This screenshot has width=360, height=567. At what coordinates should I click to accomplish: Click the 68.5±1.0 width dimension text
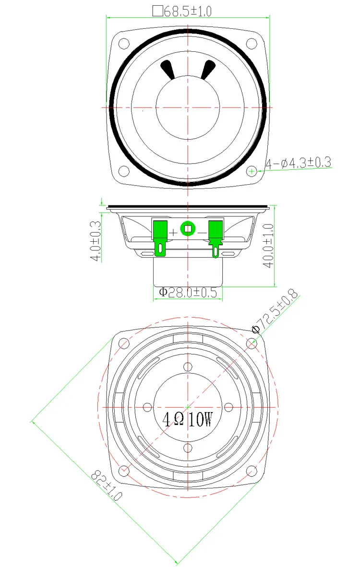(188, 11)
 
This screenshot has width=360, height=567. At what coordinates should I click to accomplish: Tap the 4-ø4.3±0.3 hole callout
(299, 163)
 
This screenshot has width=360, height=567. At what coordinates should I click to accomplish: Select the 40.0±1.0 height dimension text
(268, 246)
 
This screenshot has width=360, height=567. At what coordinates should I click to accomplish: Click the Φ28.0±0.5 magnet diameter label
(188, 292)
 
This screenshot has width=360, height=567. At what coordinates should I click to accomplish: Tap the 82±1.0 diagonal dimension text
(107, 485)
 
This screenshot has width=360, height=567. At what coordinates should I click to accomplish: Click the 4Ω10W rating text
(187, 420)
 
